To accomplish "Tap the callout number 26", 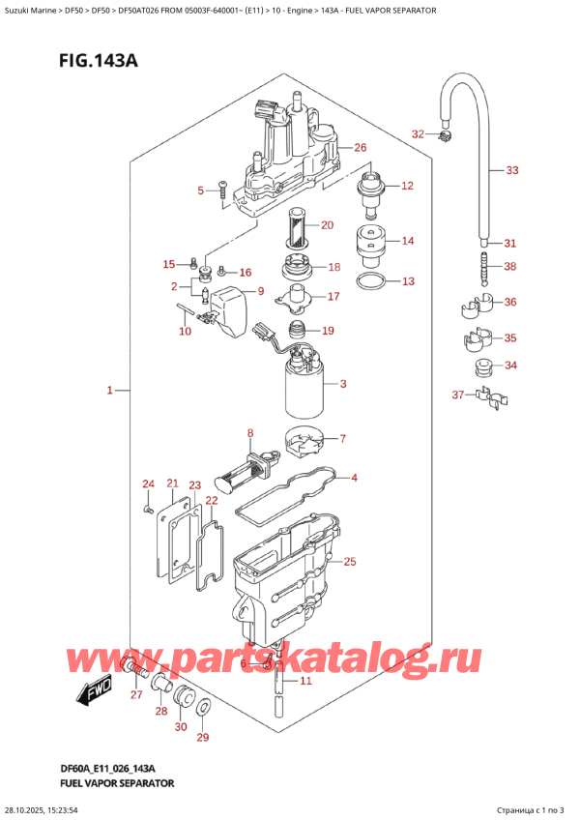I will pos(360,148).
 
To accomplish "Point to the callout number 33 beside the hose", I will pos(511,171).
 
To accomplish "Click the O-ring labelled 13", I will pos(368,282).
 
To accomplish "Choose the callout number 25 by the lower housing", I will pos(349,562).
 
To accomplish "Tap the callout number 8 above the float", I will pos(249,432).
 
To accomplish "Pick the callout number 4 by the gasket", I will pos(354,477).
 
